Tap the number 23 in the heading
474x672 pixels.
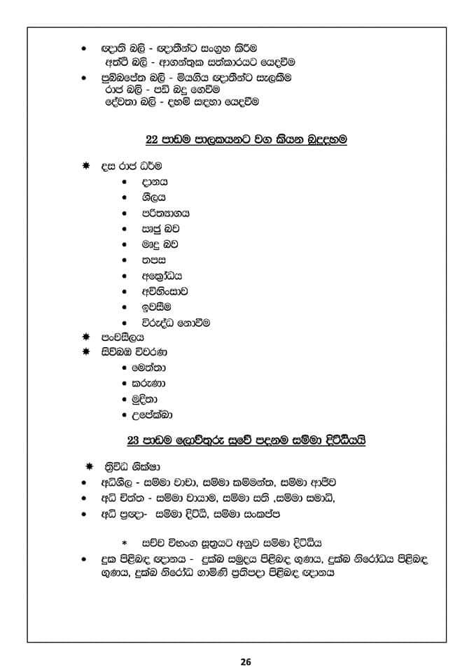(134, 440)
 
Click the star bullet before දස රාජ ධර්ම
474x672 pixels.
(85, 166)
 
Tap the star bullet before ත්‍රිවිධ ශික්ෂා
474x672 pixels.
(89, 467)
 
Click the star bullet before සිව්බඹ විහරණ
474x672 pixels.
(85, 351)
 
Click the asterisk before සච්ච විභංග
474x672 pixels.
(125, 542)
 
